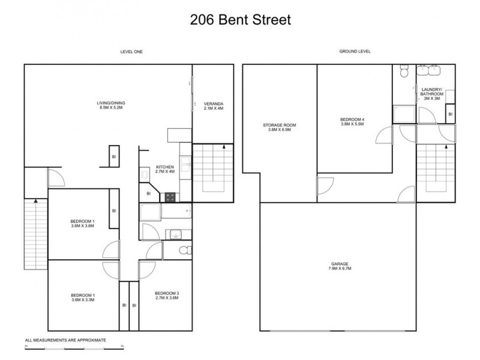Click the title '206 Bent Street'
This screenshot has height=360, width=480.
coord(240,20)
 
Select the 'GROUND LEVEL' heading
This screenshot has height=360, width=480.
coord(355,52)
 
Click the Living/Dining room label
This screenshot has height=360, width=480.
coord(111,106)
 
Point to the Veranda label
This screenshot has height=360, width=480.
coord(213,106)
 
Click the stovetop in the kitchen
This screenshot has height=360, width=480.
coord(170,196)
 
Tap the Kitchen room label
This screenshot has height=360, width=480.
coord(164,169)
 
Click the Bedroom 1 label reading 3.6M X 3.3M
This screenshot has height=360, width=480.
coord(83,298)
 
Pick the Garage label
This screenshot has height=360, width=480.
coord(339,266)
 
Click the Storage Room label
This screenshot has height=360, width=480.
coord(279,128)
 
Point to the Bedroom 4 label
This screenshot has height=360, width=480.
coord(352,122)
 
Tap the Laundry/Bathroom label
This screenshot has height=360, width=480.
coord(432,94)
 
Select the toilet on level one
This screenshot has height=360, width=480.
coord(185,250)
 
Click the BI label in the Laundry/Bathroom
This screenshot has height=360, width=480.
coord(450,113)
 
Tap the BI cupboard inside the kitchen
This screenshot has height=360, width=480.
coord(148,193)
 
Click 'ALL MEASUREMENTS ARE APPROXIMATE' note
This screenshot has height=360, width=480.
coord(65,340)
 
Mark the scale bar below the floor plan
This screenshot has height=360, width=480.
coord(74,347)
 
